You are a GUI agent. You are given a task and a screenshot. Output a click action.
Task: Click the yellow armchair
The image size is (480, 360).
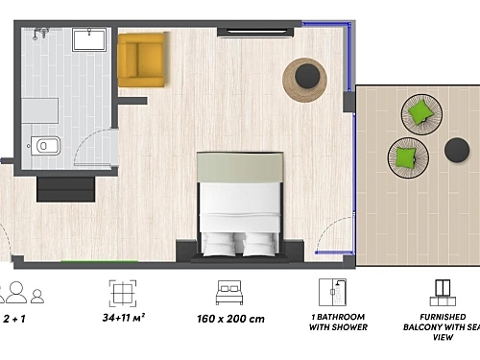coord(142,60)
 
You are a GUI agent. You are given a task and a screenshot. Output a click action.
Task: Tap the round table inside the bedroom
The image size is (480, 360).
coord(305,79)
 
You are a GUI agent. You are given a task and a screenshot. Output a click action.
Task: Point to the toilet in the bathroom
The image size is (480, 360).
coord(44,146)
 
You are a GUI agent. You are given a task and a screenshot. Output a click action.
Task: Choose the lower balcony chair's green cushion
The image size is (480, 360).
coord(407,156)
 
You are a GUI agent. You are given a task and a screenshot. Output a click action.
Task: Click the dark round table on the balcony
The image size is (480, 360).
coord(457,149)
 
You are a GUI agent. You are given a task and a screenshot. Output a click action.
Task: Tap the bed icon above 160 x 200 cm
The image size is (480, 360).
coord(228,291)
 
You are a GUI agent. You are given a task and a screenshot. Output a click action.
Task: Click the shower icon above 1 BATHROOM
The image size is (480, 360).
coord(333,292)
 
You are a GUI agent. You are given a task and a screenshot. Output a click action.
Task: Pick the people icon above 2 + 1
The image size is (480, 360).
coord(21,292)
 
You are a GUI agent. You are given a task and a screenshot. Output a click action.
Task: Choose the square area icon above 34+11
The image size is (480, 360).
coord(123,292)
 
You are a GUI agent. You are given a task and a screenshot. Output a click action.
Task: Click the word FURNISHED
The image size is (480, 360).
coord(443,317)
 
